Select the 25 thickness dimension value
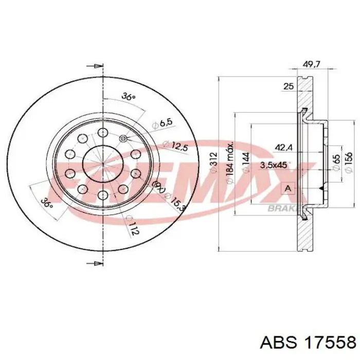click(289, 87)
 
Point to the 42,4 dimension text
click(284, 148)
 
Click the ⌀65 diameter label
click(336, 159)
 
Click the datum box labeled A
click(288, 189)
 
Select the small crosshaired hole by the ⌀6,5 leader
click(123, 138)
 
